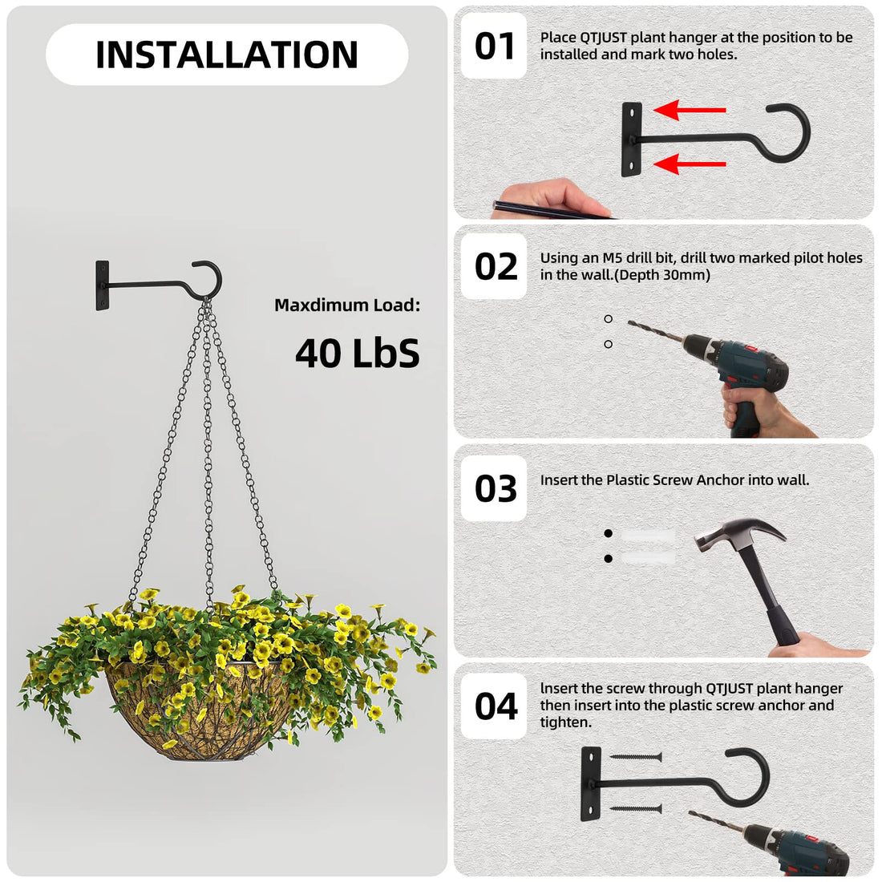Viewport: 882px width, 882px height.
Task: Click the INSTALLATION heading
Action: point(226,55)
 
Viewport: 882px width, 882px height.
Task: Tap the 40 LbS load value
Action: point(357,353)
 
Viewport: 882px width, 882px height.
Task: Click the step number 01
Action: point(494,46)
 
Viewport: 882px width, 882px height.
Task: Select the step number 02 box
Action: point(495,267)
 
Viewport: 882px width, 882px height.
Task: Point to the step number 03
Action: point(495,488)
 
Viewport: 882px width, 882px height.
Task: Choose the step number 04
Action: point(495,706)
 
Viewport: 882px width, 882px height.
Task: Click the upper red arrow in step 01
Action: point(690,110)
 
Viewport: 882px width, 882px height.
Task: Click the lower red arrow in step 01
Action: point(690,164)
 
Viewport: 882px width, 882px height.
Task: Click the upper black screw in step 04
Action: point(635,756)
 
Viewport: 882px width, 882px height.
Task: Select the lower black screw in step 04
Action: point(635,809)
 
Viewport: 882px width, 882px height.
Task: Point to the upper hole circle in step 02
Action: point(609,319)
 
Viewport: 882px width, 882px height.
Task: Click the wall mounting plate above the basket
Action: point(103,285)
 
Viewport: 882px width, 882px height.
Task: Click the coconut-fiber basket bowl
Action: point(192,718)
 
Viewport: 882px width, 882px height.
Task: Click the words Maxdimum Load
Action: point(346,305)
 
